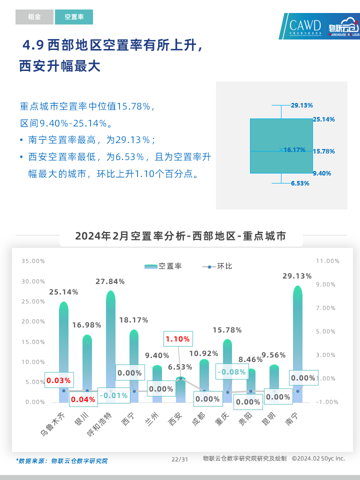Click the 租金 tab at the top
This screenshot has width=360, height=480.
point(34,17)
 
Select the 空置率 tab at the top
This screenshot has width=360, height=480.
point(74,17)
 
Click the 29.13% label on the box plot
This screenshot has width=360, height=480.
point(302,105)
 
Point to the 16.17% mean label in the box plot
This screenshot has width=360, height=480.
point(294,150)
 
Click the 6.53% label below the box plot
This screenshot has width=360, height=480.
point(300,183)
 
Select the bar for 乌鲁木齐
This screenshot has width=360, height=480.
point(63,350)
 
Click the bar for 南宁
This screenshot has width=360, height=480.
point(297,345)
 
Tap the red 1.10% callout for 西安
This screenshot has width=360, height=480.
point(177,339)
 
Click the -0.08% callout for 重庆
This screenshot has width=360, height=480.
point(231,372)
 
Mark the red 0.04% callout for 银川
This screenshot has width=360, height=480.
point(83,399)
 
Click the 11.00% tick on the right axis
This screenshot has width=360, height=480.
point(328,261)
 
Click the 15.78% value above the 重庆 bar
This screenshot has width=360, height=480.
point(227,330)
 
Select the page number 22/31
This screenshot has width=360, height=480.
point(179,459)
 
